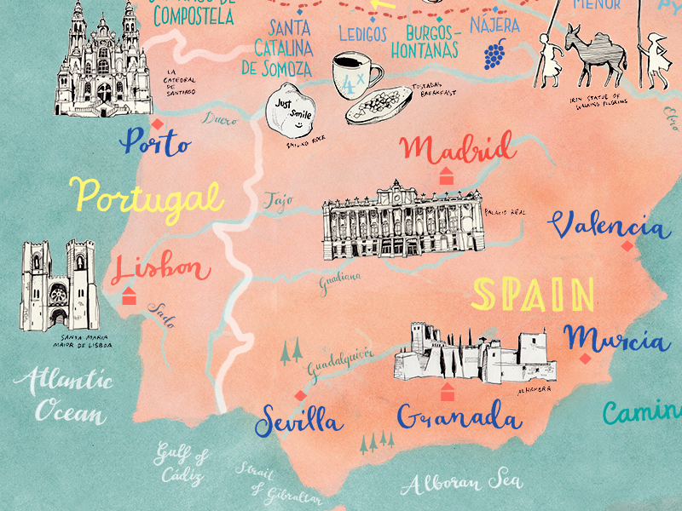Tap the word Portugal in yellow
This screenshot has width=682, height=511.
pyautogui.click(x=148, y=197)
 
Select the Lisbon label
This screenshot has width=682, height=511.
pyautogui.click(x=160, y=269)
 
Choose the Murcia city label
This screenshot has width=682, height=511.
pyautogui.click(x=616, y=338)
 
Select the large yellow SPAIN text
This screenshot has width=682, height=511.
pyautogui.click(x=534, y=295)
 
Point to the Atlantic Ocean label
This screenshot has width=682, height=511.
pyautogui.click(x=71, y=395)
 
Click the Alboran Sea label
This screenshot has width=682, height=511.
pyautogui.click(x=462, y=482)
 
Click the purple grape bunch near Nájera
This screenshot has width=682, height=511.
pyautogui.click(x=494, y=54)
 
